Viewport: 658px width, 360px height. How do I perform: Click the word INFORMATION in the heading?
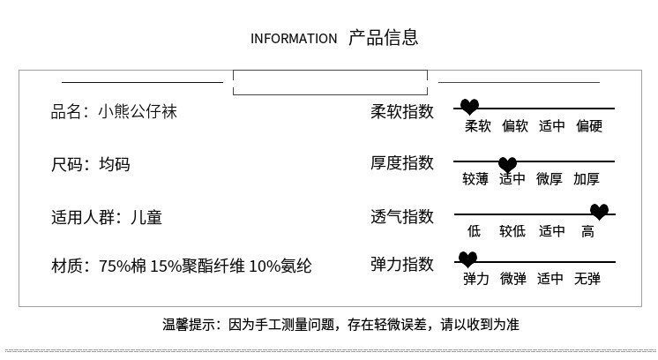point(294,38)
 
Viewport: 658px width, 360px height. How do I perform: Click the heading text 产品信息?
point(383,37)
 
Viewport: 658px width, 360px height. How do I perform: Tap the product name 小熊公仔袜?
point(138,112)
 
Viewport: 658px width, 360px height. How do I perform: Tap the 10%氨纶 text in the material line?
point(280,265)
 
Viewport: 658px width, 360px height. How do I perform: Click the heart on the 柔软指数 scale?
point(470,108)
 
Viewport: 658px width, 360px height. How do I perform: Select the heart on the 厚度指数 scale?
point(507,164)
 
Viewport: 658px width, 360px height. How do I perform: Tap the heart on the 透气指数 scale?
point(599,212)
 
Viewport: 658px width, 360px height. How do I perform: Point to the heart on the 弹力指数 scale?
point(467,259)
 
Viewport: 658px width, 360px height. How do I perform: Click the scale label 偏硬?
point(588,126)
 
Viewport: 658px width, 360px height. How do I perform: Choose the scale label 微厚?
point(550,179)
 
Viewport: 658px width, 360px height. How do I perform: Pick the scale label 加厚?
point(587,179)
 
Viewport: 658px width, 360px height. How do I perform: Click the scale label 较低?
point(512,231)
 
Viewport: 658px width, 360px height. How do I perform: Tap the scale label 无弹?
point(587,279)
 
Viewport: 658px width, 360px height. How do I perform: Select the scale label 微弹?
point(512,279)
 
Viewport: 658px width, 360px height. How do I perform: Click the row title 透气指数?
point(402,216)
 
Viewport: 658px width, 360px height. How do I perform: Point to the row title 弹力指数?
point(402,264)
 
